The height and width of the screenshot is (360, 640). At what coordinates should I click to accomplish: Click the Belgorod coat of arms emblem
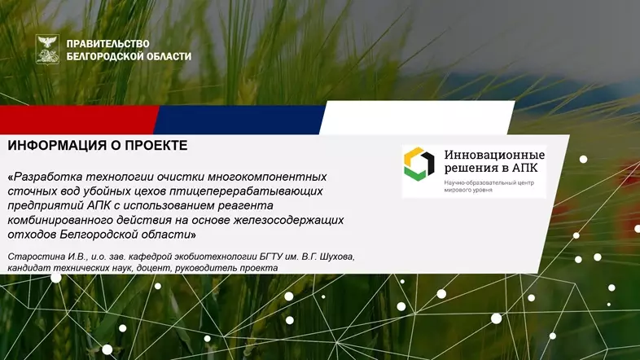pyautogui.click(x=48, y=49)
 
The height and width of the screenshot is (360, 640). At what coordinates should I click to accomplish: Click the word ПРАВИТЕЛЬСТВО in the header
pyautogui.click(x=107, y=42)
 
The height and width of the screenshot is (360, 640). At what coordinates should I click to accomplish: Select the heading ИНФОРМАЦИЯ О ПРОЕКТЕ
pyautogui.click(x=97, y=146)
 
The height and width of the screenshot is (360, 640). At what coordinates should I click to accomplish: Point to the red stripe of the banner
pyautogui.click(x=77, y=120)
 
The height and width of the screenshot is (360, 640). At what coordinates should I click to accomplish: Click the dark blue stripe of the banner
pyautogui.click(x=236, y=120)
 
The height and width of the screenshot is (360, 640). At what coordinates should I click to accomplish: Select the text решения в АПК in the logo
pyautogui.click(x=490, y=168)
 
